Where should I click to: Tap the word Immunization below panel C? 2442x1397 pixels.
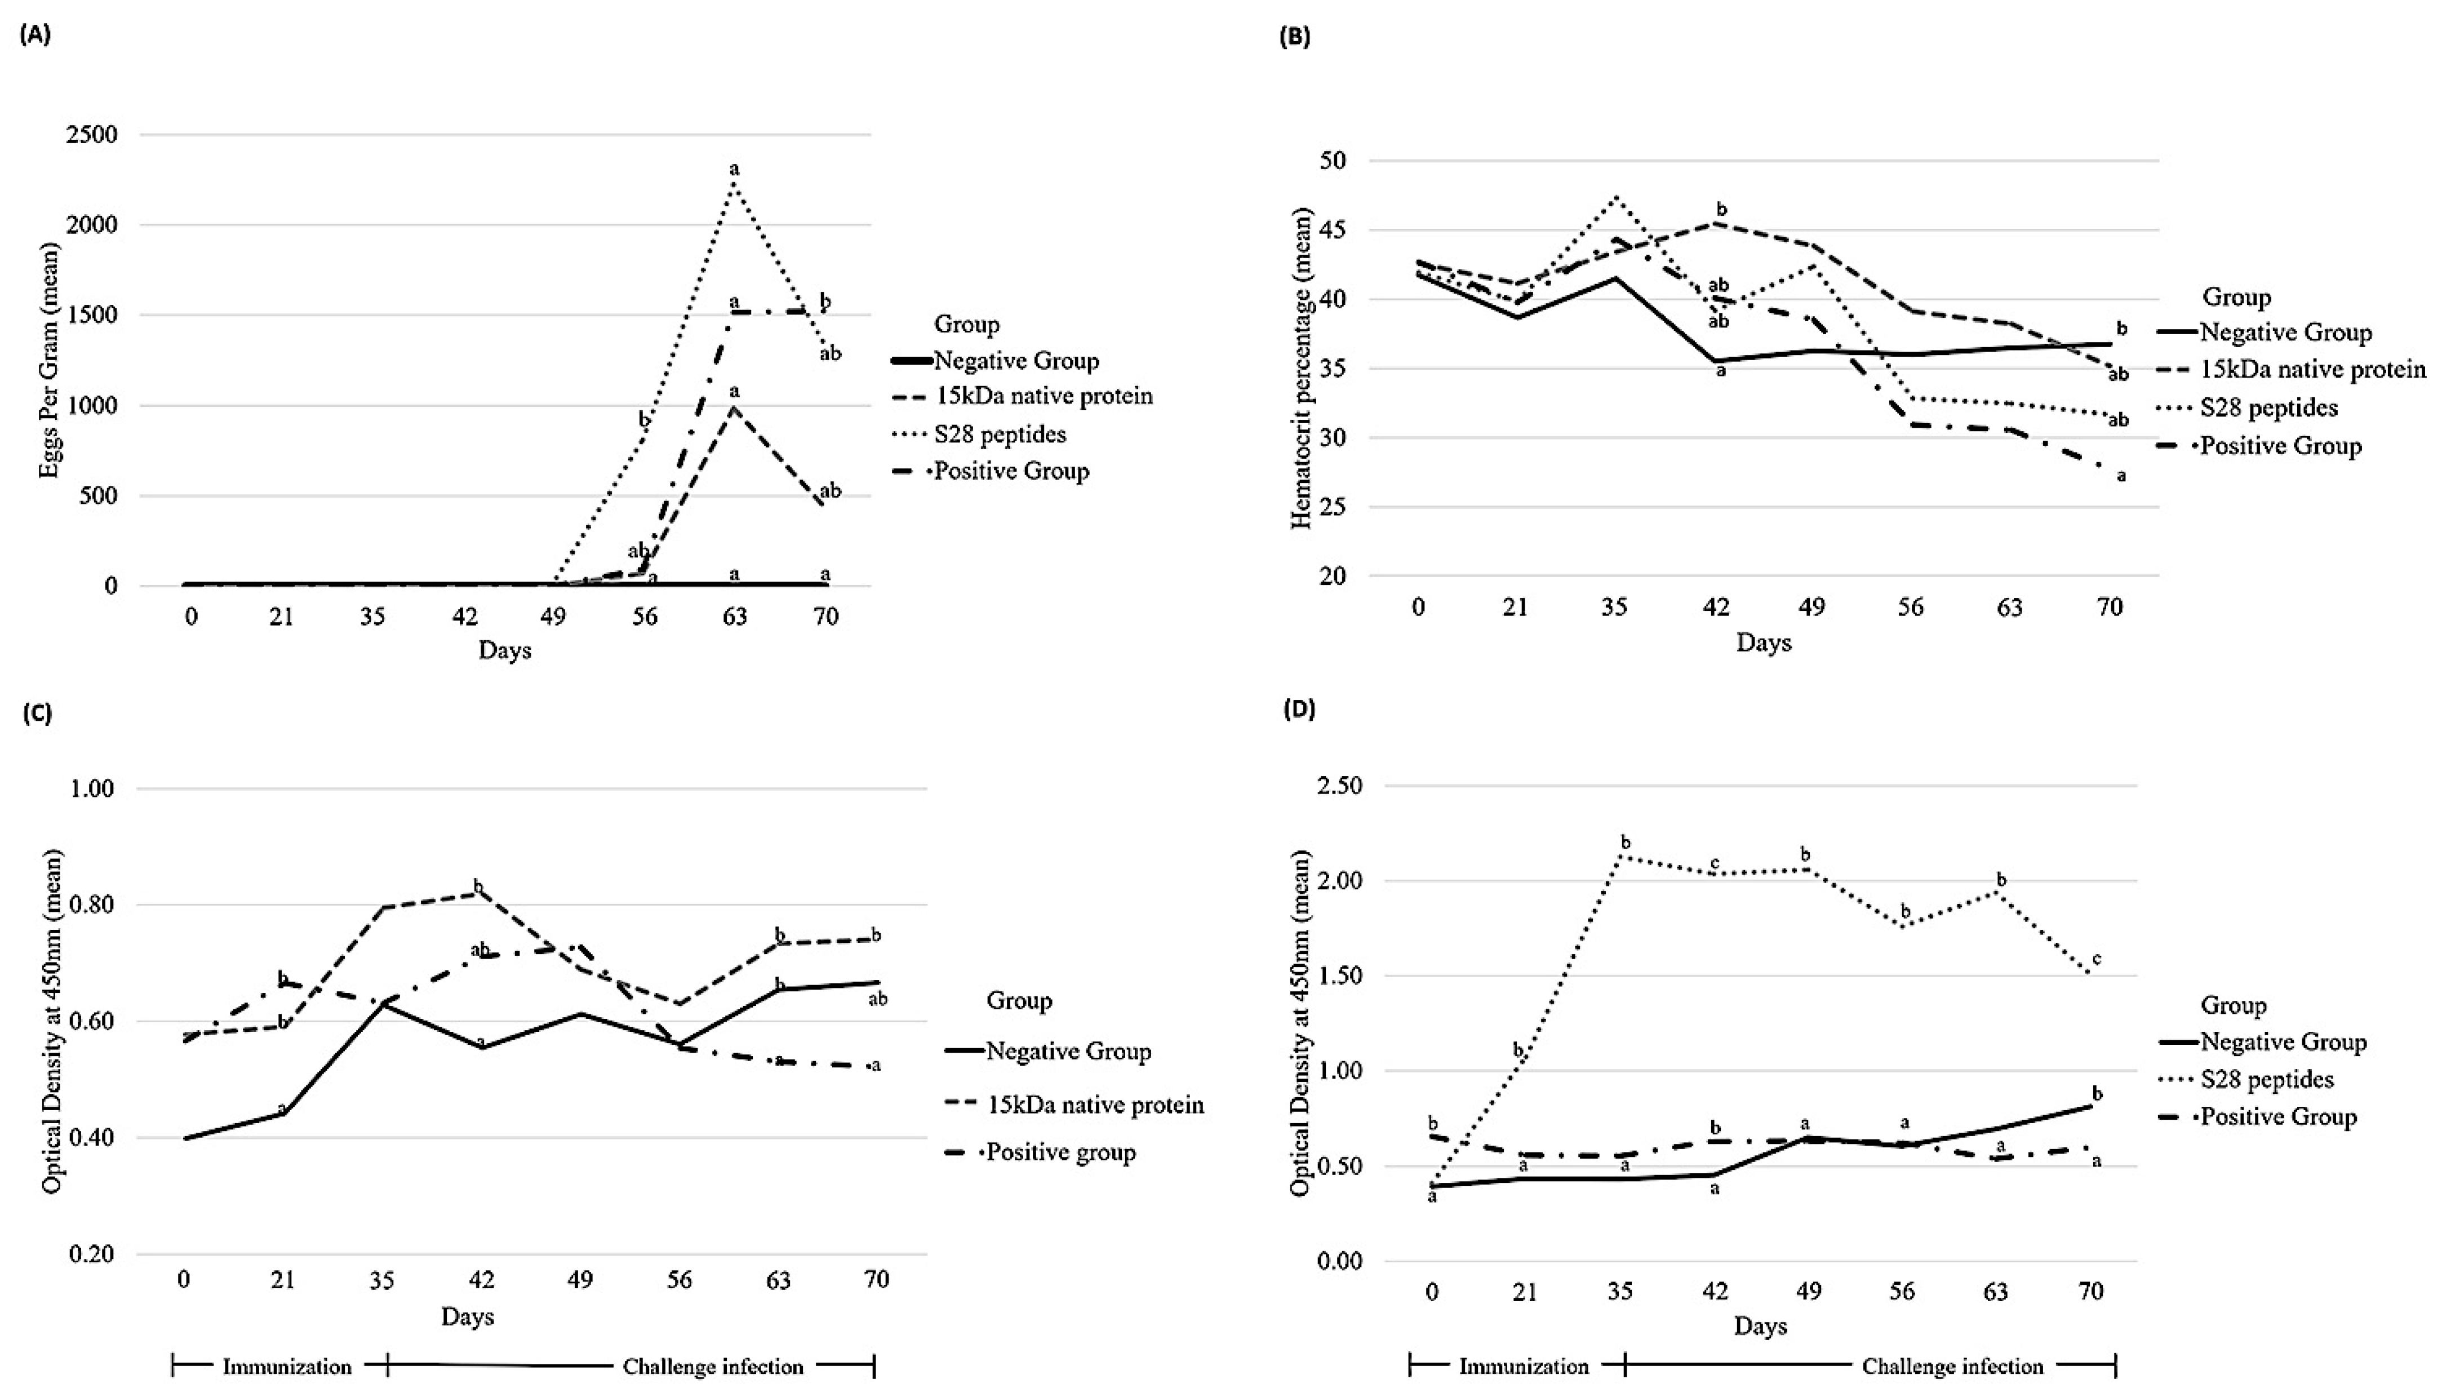click(x=287, y=1367)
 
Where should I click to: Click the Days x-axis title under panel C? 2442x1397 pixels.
click(x=467, y=1316)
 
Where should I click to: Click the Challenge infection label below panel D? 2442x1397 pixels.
click(x=1953, y=1367)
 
